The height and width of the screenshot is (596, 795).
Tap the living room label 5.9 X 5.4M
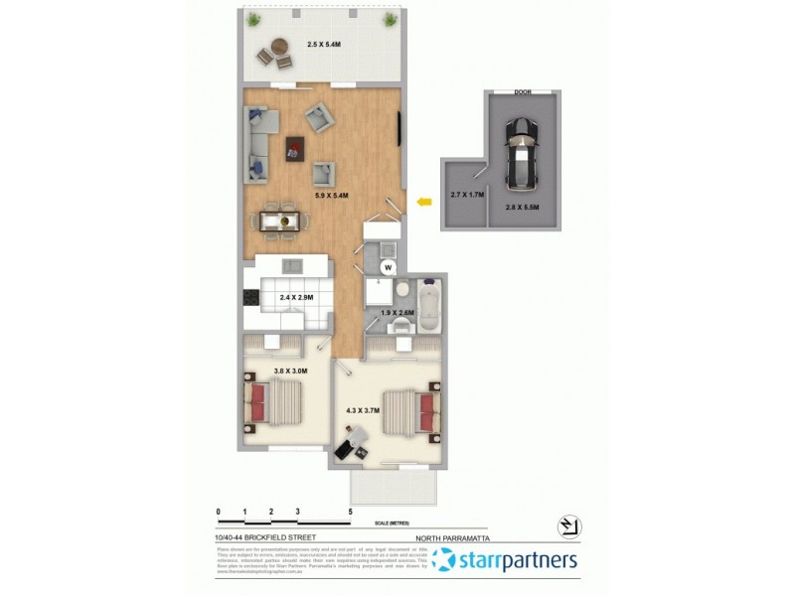pos(332,196)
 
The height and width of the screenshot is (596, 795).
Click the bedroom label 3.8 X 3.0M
pos(290,371)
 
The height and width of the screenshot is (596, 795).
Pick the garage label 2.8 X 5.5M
pos(522,208)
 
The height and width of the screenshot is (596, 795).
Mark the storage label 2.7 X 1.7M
pos(467,195)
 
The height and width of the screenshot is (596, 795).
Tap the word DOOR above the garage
pos(522,91)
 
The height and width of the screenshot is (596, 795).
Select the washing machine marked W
pos(389,267)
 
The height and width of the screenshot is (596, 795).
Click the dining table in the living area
pos(278,220)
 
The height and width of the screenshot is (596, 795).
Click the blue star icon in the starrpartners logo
pos(444,560)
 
